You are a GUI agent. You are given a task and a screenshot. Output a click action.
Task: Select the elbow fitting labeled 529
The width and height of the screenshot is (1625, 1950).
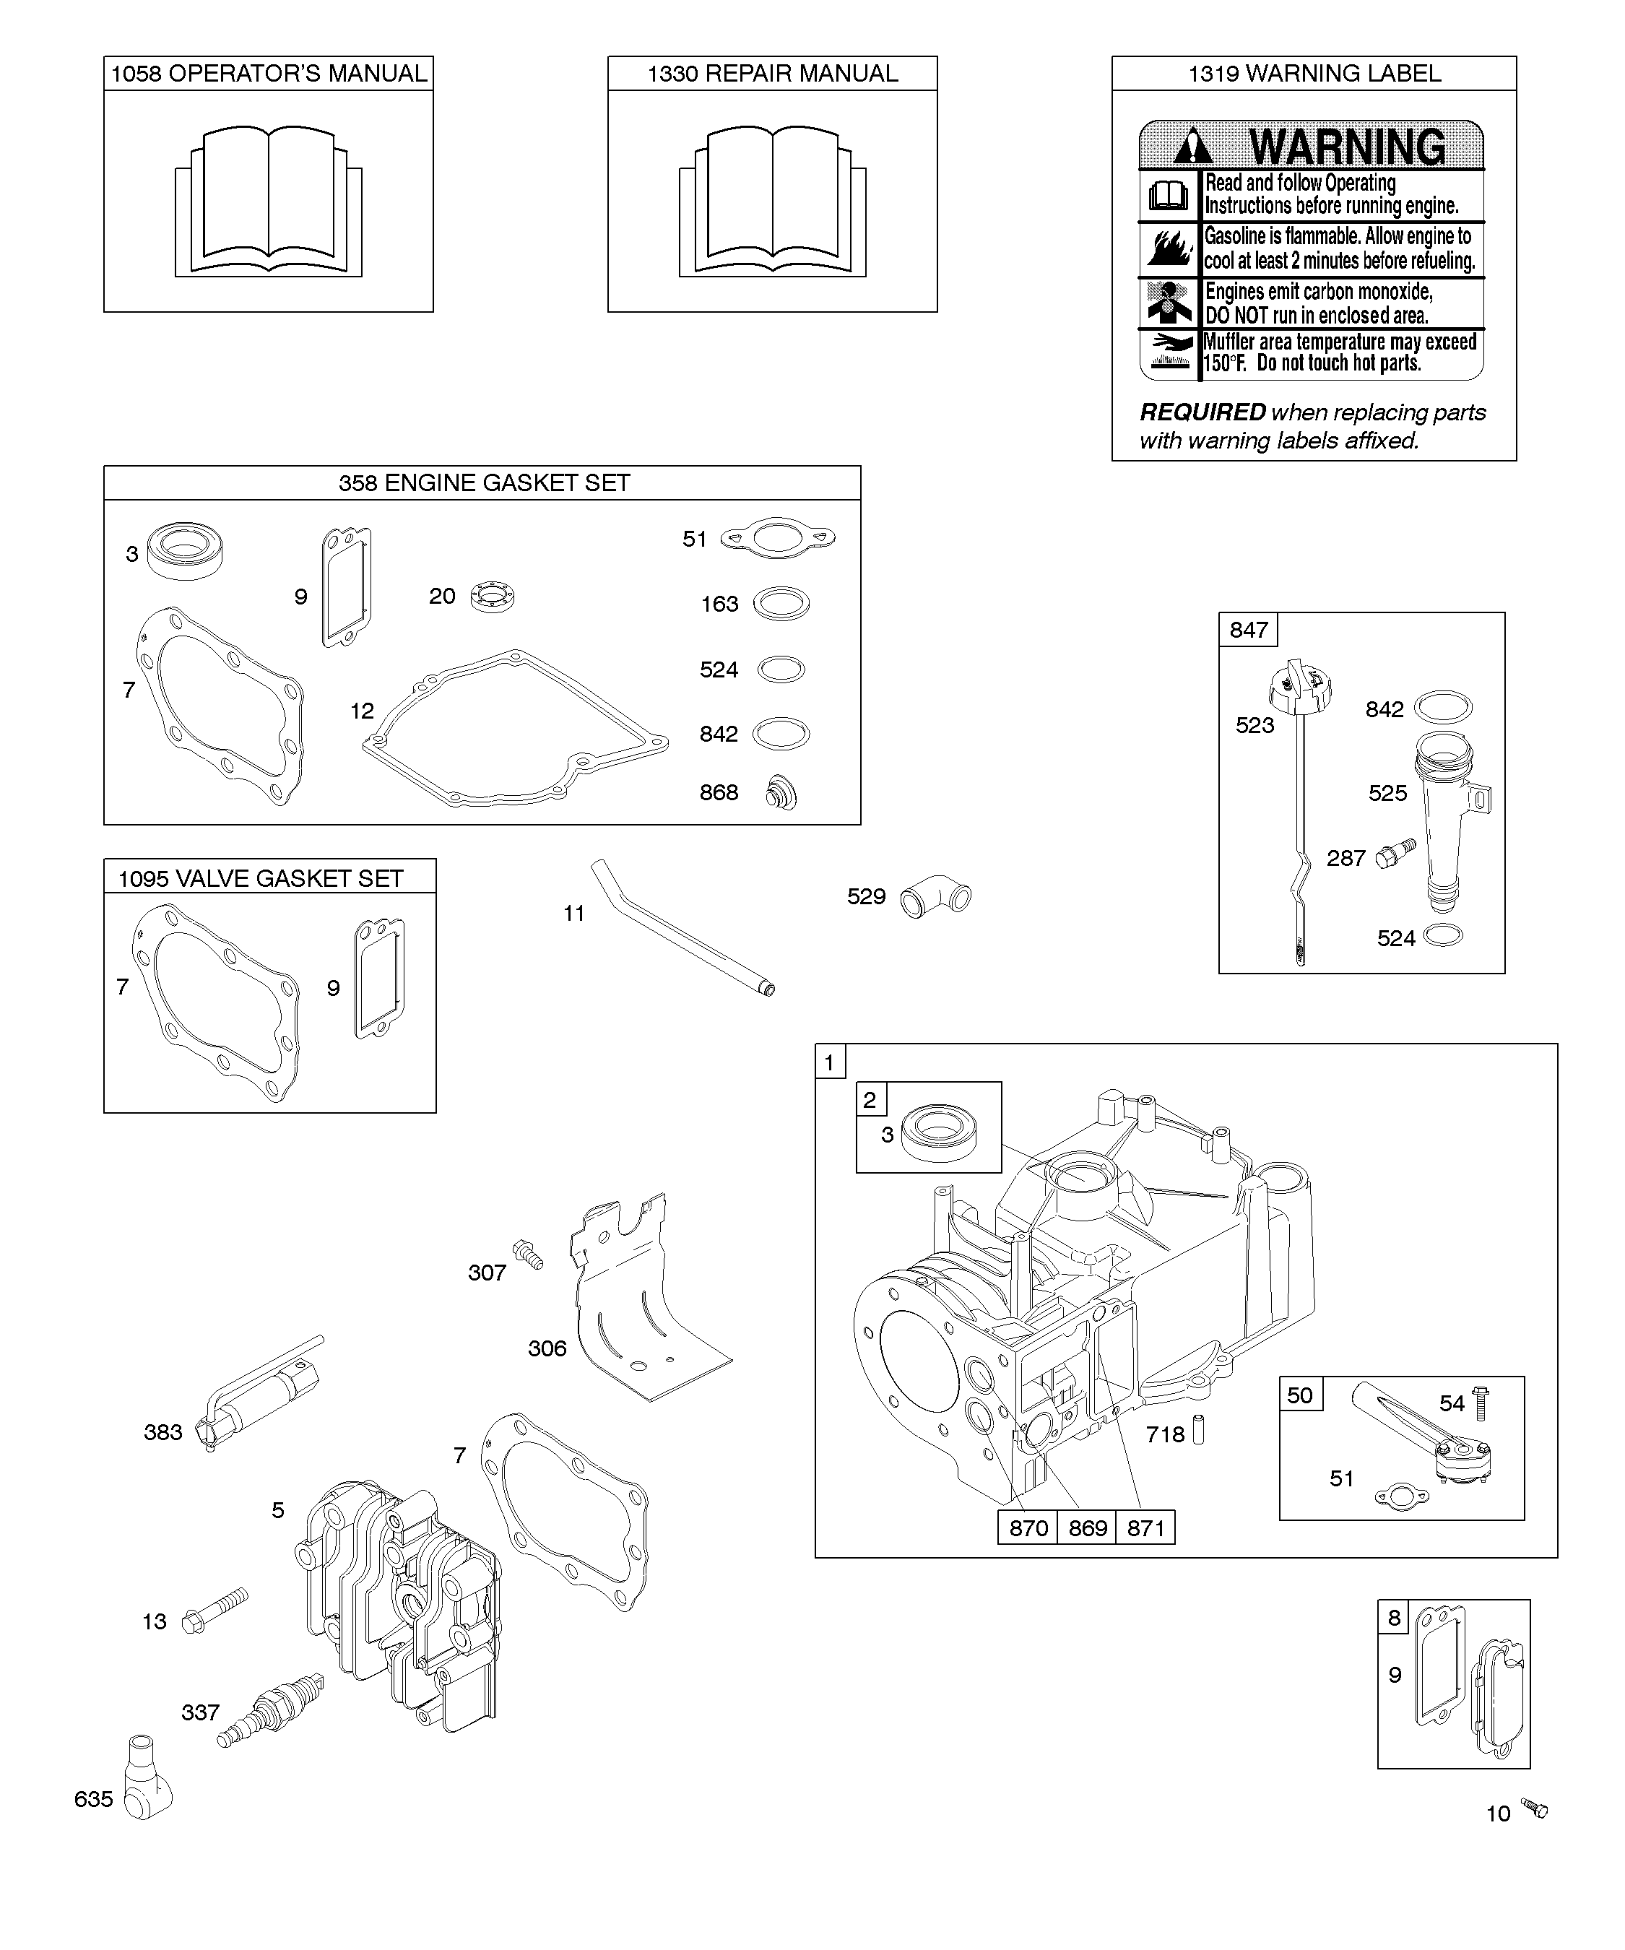tap(936, 897)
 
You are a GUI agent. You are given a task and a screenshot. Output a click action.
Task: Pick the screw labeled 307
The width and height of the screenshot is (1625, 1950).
tap(529, 1254)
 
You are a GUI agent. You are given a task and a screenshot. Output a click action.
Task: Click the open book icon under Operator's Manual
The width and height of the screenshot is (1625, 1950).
tap(269, 202)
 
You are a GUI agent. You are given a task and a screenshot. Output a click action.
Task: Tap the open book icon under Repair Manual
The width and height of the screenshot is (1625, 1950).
tap(773, 202)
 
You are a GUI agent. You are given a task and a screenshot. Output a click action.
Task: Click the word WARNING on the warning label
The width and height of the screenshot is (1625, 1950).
tap(1346, 147)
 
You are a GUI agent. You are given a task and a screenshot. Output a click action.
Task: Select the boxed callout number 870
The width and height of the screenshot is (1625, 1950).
tap(1028, 1527)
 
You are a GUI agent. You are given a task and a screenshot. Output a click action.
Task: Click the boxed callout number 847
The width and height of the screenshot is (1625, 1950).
tap(1248, 630)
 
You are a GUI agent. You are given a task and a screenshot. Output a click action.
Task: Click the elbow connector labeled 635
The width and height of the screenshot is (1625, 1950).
tap(147, 1790)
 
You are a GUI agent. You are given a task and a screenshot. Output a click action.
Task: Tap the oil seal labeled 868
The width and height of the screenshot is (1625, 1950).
tap(781, 793)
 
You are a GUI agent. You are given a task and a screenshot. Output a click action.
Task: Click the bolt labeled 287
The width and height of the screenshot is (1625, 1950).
tap(1394, 852)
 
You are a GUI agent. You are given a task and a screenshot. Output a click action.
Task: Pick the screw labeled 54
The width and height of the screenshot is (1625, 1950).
tap(1480, 1403)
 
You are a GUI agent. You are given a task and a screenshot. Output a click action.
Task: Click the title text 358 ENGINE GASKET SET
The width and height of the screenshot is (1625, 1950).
tap(484, 483)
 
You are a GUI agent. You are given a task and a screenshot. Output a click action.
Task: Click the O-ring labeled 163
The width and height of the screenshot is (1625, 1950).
tap(781, 604)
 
